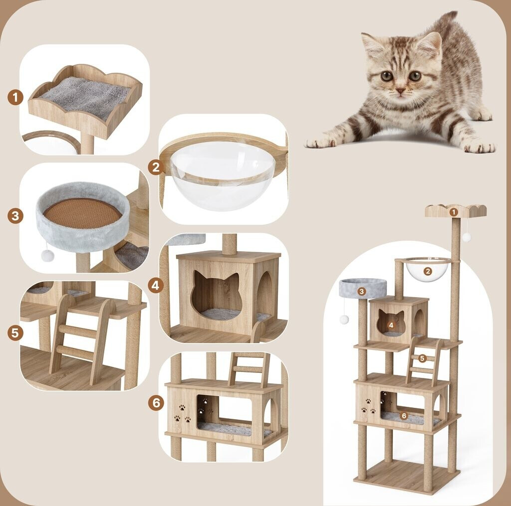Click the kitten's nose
click(x=400, y=90)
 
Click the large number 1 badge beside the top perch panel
click(x=15, y=98)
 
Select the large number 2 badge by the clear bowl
click(x=156, y=168)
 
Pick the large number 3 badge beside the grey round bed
click(x=15, y=216)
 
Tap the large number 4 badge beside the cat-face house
click(x=156, y=286)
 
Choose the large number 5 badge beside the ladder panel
click(x=15, y=333)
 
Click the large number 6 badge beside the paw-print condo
click(x=156, y=403)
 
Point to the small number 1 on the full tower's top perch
click(x=453, y=212)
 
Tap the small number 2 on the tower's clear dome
click(x=428, y=271)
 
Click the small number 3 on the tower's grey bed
click(x=361, y=292)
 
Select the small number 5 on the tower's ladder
click(x=422, y=358)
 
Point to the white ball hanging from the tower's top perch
click(x=467, y=237)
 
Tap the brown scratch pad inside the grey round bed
click(x=82, y=214)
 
